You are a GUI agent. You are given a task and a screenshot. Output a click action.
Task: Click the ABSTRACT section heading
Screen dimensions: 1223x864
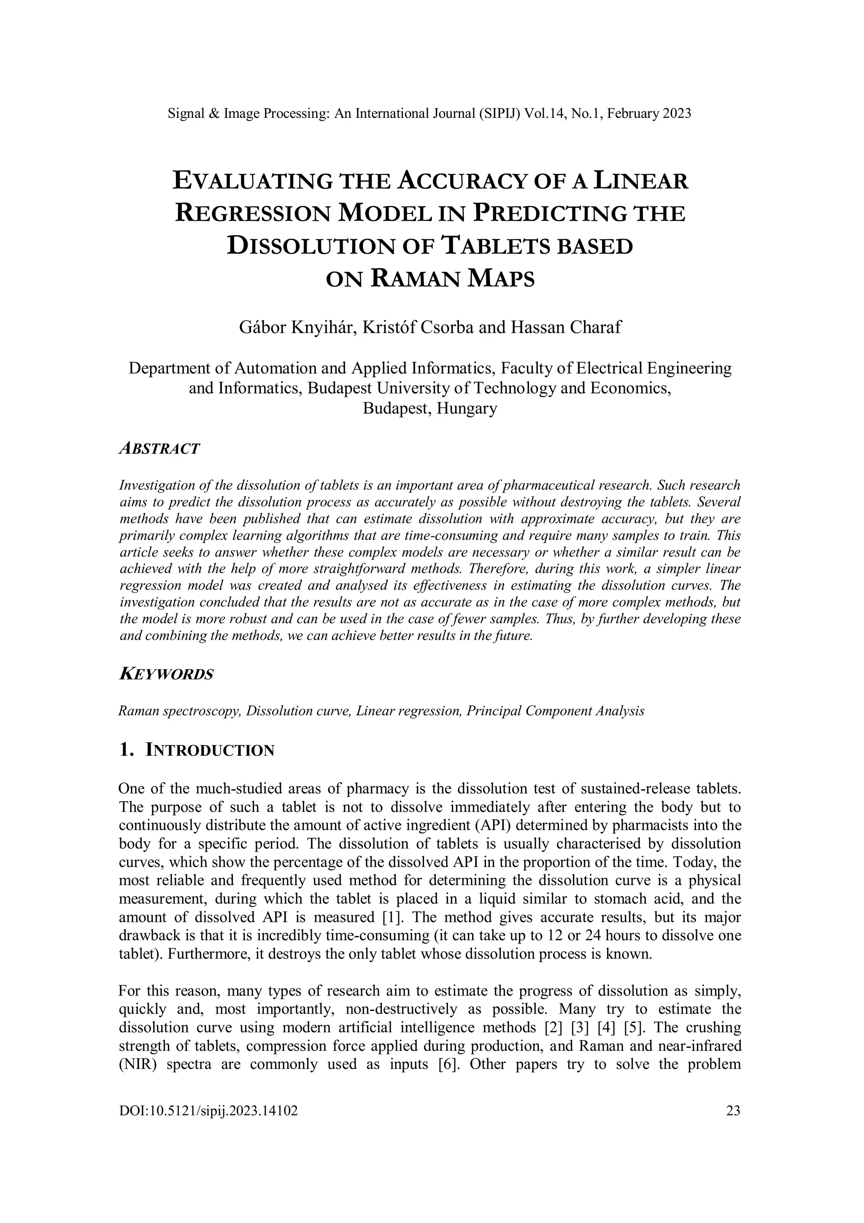coord(159,448)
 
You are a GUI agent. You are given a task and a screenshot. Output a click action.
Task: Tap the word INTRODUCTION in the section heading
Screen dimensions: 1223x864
coord(210,751)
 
